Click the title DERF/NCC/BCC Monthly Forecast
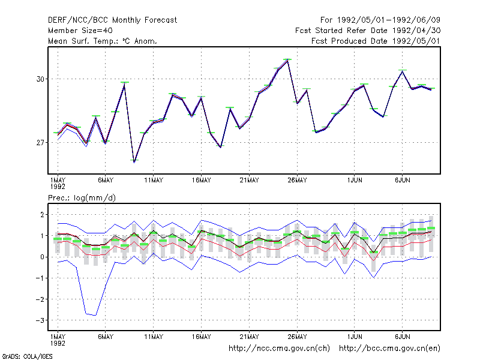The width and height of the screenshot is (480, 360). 112,20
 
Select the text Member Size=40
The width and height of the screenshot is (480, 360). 80,31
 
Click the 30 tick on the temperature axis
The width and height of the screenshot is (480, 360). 40,79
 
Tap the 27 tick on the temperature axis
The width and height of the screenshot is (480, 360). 40,143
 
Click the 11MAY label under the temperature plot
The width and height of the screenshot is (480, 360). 154,181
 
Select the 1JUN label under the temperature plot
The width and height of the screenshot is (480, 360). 355,181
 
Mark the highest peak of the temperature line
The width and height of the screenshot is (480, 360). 287,61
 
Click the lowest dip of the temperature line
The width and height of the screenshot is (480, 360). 134,161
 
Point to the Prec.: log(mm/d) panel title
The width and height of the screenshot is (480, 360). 82,198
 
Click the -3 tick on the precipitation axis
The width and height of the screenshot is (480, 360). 40,320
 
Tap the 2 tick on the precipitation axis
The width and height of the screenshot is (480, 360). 42,215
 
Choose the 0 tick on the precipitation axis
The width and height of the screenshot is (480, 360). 42,257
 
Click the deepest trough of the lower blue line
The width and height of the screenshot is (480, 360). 95,315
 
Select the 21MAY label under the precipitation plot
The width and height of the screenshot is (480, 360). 249,337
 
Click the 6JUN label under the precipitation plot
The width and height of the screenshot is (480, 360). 402,337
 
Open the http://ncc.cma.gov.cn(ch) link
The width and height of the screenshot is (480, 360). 279,349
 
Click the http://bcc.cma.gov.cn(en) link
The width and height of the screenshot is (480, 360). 389,349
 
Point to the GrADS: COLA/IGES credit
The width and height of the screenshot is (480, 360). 27,356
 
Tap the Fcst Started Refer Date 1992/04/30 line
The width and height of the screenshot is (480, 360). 368,31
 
